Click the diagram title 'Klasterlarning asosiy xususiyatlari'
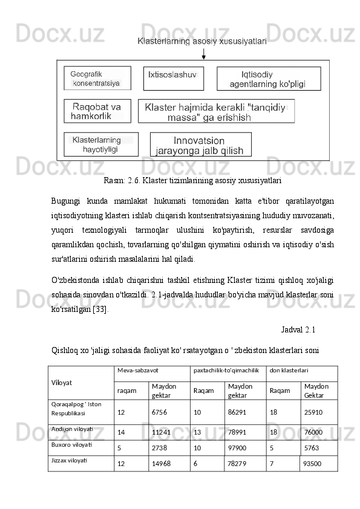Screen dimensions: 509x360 (x=203, y=42)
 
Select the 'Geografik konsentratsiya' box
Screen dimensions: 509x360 (x=97, y=79)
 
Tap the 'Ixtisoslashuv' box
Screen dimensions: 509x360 (x=173, y=79)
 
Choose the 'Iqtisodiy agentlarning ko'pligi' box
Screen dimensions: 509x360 (x=269, y=79)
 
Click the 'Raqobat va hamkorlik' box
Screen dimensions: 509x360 (x=97, y=111)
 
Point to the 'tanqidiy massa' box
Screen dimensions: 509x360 (x=216, y=111)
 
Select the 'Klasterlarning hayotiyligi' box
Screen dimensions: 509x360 (x=100, y=144)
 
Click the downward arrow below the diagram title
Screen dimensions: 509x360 (x=204, y=54)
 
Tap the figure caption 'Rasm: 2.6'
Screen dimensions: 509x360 (x=192, y=180)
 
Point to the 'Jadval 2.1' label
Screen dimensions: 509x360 (x=298, y=330)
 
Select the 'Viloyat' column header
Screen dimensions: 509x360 (x=62, y=383)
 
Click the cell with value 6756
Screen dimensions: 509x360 (x=160, y=412)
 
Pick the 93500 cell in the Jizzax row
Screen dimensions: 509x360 (x=312, y=464)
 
